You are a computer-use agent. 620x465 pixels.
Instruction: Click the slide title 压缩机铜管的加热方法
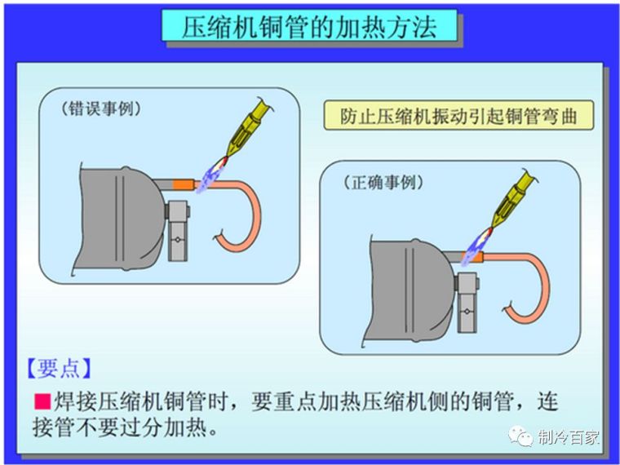click(309, 26)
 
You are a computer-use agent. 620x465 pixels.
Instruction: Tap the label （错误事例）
click(101, 108)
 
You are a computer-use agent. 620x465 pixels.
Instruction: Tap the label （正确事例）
click(383, 183)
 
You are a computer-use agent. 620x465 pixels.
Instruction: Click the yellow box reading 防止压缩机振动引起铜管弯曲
click(458, 115)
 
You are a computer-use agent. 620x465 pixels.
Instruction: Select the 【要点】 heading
click(59, 368)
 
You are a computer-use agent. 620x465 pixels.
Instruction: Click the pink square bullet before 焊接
click(42, 401)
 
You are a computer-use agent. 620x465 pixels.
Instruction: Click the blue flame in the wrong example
click(211, 177)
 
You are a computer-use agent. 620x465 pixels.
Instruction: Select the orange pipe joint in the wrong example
click(184, 184)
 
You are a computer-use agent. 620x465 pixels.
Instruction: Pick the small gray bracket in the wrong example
click(177, 231)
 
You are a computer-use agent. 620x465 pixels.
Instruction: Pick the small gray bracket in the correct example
click(467, 302)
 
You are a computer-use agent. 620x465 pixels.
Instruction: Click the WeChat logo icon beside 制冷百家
click(520, 436)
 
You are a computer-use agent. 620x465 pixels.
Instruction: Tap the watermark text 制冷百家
click(569, 437)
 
